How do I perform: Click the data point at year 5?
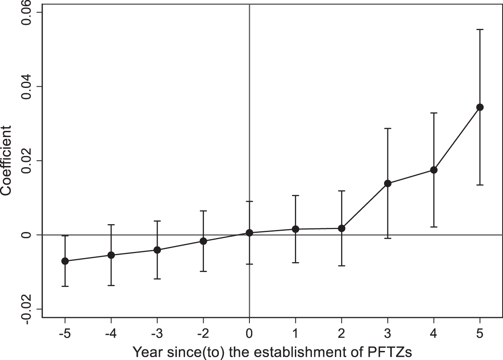(x=480, y=107)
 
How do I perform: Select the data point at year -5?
(x=65, y=261)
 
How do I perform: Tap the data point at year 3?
(x=387, y=183)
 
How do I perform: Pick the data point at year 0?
(x=249, y=233)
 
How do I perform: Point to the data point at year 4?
(x=434, y=170)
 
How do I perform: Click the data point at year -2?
(x=203, y=241)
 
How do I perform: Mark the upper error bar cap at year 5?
(x=480, y=29)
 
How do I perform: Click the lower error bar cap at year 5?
(x=480, y=185)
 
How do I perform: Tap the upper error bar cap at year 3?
(x=387, y=128)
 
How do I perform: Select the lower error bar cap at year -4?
(x=111, y=285)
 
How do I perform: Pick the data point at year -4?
(x=111, y=255)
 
